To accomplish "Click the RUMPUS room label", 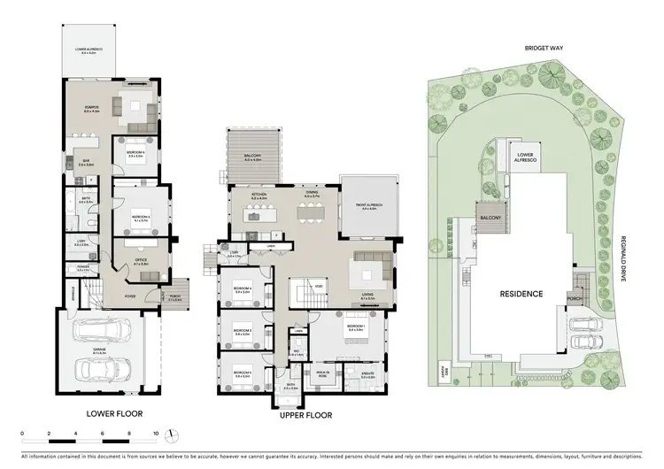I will pos(90,110).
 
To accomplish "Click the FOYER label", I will pos(130,296).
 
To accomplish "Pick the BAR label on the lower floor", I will pos(86,162).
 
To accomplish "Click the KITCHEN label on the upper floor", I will pos(259,195).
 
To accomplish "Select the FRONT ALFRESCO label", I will pos(366,205).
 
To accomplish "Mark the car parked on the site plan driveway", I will pos(583,341).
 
